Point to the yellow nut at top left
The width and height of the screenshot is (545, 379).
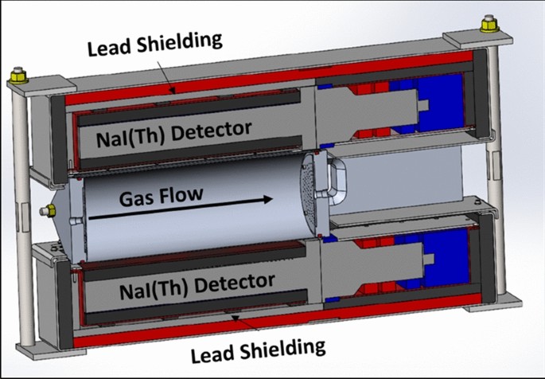18,77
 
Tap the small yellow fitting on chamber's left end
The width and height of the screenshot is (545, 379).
47,210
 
